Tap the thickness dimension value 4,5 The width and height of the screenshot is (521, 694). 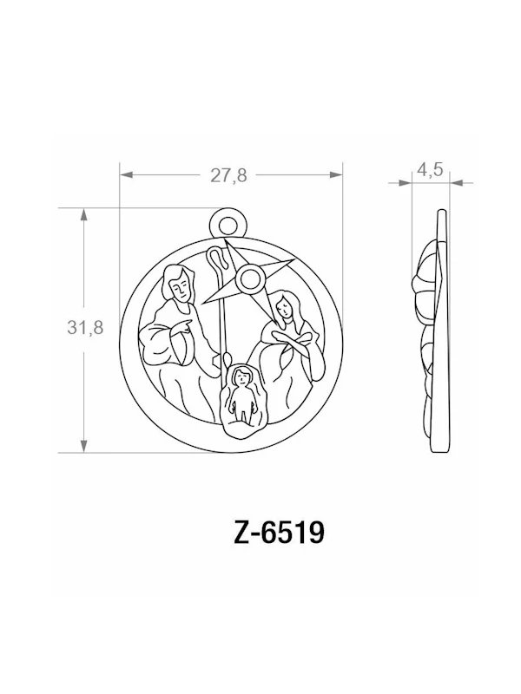(x=430, y=170)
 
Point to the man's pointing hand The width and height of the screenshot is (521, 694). (x=185, y=327)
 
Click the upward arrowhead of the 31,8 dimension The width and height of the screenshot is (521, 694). (x=84, y=215)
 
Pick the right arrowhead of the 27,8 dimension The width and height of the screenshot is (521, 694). (x=338, y=175)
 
